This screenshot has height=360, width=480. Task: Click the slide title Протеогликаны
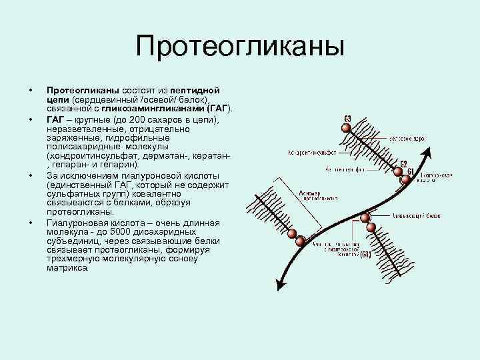pyautogui.click(x=240, y=47)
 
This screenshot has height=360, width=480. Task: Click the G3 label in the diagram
pyautogui.click(x=347, y=119)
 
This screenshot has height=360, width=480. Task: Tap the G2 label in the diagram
pyautogui.click(x=404, y=164)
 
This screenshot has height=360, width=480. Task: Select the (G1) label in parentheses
pyautogui.click(x=366, y=254)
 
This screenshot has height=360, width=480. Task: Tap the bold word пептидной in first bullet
pyautogui.click(x=195, y=89)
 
